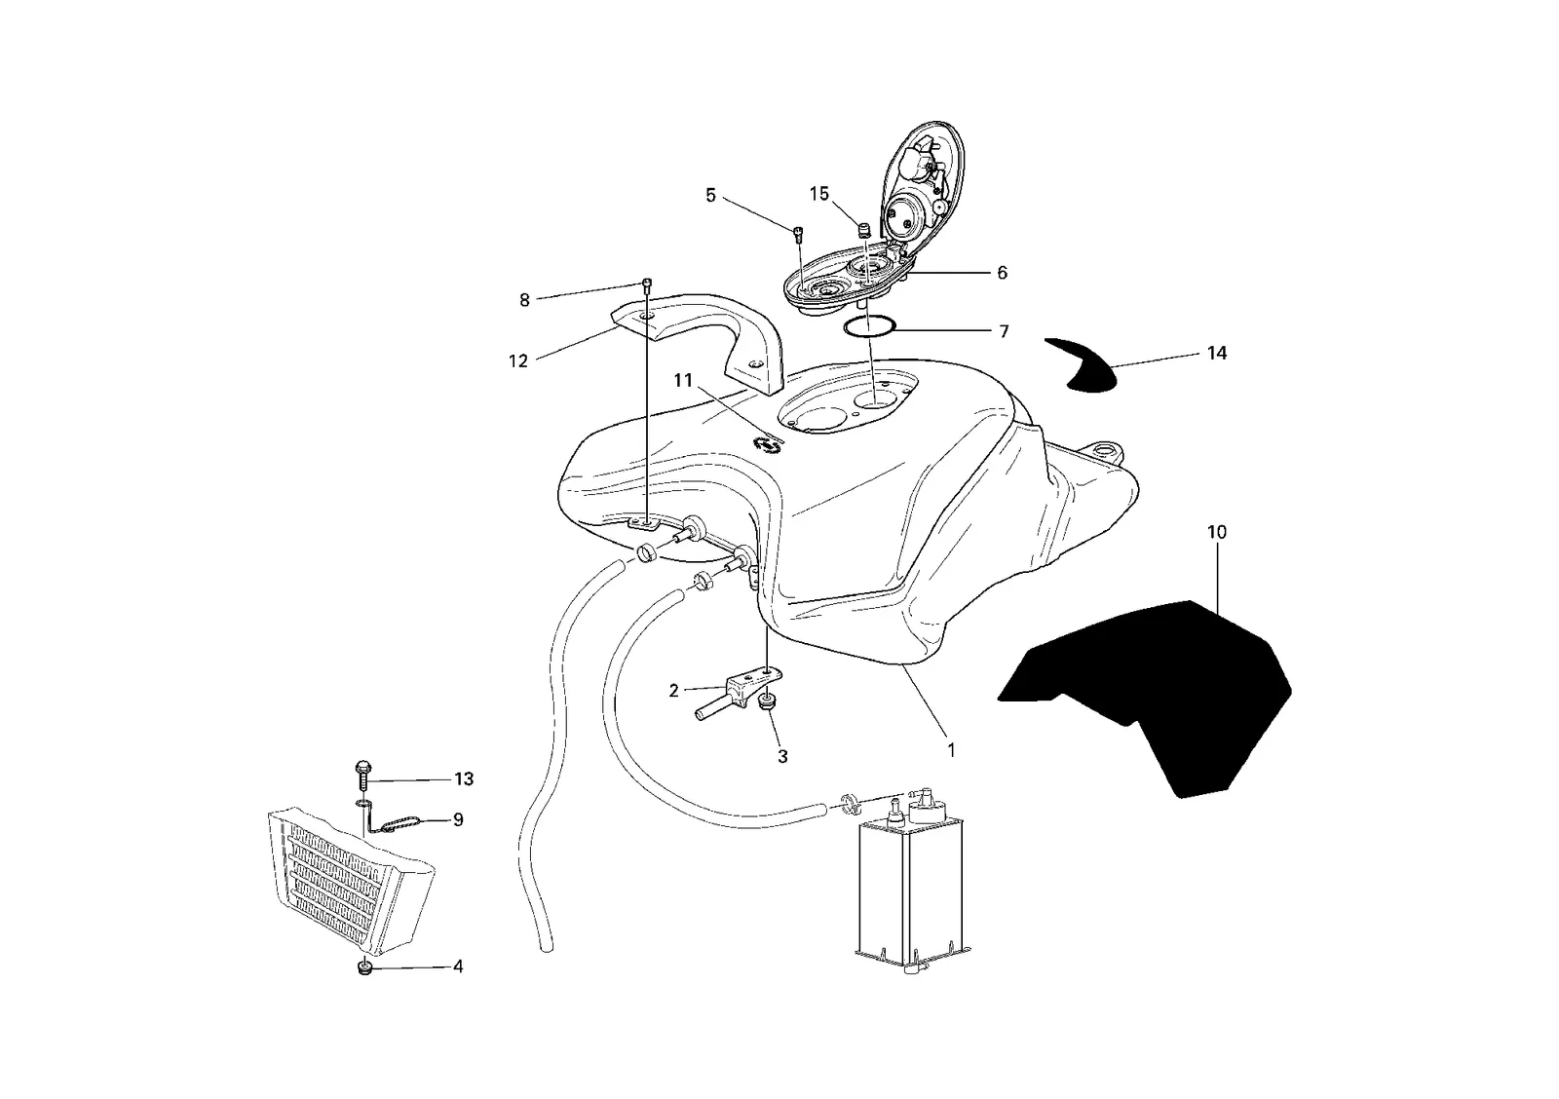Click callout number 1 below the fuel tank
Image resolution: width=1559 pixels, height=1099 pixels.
pyautogui.click(x=951, y=751)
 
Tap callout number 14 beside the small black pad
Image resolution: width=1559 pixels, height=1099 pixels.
pyautogui.click(x=1217, y=354)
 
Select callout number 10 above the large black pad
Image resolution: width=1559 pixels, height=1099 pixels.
pyautogui.click(x=1217, y=532)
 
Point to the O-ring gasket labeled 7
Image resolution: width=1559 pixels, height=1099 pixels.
pyautogui.click(x=868, y=325)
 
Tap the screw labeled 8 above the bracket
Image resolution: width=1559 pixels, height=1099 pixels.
pyautogui.click(x=649, y=284)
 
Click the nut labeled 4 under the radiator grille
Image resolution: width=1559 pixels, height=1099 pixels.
pyautogui.click(x=363, y=968)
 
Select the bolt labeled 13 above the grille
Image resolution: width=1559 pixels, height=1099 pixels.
pyautogui.click(x=363, y=775)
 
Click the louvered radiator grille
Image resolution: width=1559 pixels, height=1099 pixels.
pyautogui.click(x=350, y=881)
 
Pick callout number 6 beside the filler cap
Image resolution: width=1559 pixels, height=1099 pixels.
pyautogui.click(x=1003, y=273)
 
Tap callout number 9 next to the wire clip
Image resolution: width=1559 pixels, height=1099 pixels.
pyautogui.click(x=458, y=820)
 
